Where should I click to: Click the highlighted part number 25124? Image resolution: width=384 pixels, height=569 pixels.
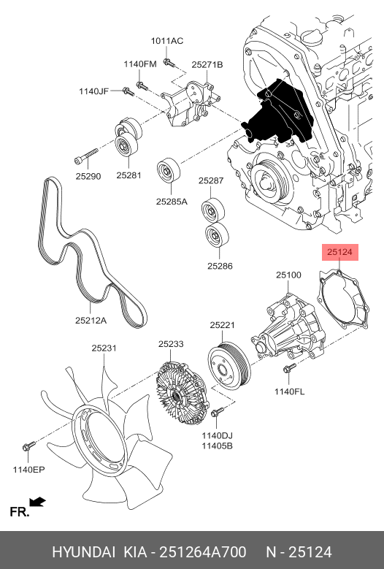pos(339,252)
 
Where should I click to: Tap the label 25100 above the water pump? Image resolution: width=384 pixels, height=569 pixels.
pos(288,275)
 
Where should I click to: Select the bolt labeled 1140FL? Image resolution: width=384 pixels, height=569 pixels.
pos(289,369)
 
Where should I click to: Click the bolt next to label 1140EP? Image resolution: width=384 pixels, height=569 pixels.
pos(28,446)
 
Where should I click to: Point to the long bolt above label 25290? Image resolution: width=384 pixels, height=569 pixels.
pos(86,156)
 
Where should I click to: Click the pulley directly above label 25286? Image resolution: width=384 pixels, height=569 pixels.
pos(217,234)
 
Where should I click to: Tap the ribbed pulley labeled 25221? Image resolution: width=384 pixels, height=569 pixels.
pos(229,365)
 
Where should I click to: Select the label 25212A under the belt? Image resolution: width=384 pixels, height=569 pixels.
pos(91,321)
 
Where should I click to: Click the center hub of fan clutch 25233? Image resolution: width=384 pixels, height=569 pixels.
pos(176,396)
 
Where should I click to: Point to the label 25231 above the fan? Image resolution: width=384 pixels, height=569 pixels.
pos(104,348)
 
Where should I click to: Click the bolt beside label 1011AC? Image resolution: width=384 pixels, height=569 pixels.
pos(169,63)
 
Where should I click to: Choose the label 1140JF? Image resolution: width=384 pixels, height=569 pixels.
pos(94,91)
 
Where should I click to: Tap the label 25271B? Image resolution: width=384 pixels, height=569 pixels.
pos(207,64)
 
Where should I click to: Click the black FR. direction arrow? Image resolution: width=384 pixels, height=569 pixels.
pos(38,503)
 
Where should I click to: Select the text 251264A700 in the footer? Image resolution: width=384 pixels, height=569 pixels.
pos(203,552)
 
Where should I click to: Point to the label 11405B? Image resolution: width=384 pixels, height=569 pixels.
pos(218,446)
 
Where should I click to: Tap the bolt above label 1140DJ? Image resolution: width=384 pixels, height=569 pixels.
pos(217,412)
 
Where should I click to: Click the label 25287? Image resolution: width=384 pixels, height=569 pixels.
pos(211,180)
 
